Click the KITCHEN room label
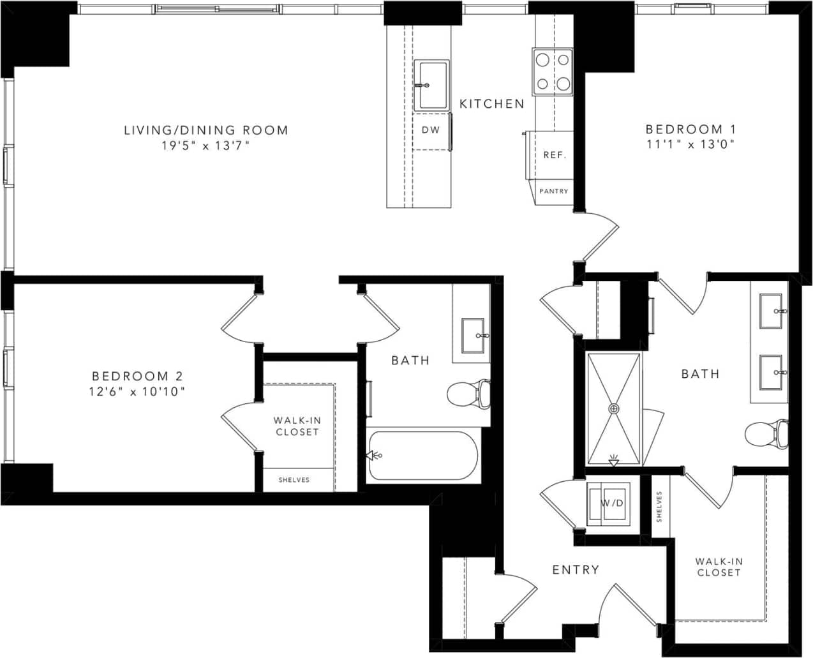(x=492, y=103)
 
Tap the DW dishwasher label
(x=431, y=130)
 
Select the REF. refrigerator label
(x=555, y=155)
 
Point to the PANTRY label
(x=553, y=191)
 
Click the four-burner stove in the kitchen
(x=553, y=71)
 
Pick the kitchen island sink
(x=432, y=85)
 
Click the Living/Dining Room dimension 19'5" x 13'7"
(x=205, y=146)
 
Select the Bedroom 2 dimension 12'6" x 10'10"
(x=137, y=391)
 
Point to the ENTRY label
(x=576, y=569)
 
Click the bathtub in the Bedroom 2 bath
(x=423, y=456)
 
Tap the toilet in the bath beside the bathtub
(x=468, y=394)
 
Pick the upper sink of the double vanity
(x=771, y=311)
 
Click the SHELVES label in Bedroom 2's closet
(x=294, y=480)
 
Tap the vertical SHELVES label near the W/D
(x=659, y=506)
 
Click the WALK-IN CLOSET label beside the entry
(x=719, y=567)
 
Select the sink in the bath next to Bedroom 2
(x=473, y=334)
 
